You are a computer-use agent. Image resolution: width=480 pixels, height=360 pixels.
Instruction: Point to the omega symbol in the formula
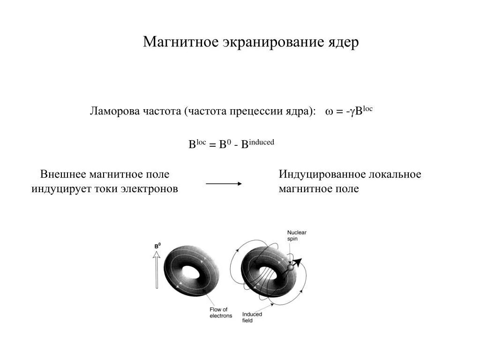(x=329, y=112)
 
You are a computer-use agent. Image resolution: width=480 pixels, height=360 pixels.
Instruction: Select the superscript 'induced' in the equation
(x=261, y=142)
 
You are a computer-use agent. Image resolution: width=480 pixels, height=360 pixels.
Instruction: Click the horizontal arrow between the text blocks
(x=224, y=184)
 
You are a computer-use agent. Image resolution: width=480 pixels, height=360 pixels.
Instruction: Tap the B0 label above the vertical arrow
(x=157, y=246)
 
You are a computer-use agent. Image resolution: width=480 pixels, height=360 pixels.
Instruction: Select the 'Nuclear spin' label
(x=296, y=235)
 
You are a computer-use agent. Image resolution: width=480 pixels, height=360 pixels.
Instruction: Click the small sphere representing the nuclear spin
(x=290, y=267)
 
